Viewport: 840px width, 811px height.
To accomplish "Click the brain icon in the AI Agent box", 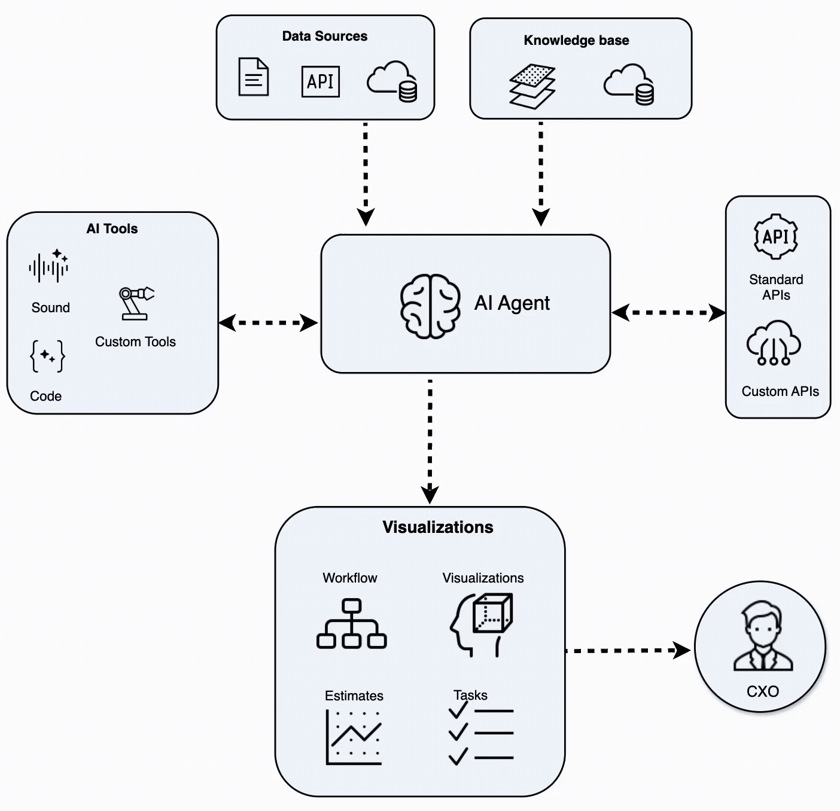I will [x=430, y=306].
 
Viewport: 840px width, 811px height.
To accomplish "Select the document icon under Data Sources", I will [x=253, y=77].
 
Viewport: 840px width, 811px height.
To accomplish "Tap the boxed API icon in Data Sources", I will [x=320, y=81].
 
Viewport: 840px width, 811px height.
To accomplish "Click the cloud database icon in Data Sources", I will [x=392, y=81].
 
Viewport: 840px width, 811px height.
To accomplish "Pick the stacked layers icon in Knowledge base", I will [x=532, y=87].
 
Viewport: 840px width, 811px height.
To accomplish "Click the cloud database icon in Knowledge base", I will [x=628, y=84].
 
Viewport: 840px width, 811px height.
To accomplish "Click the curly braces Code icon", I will [x=47, y=356].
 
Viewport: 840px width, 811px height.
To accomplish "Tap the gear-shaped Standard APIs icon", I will [x=775, y=237].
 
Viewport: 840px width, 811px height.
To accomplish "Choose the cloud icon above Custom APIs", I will [x=774, y=343].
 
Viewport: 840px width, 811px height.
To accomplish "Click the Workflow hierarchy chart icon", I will [x=351, y=624].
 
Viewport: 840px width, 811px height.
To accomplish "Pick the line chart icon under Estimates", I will [x=353, y=737].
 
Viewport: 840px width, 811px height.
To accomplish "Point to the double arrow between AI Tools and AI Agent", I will [x=268, y=323].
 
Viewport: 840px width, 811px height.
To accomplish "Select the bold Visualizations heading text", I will [x=438, y=528].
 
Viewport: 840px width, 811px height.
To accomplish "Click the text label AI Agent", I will [x=512, y=303].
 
